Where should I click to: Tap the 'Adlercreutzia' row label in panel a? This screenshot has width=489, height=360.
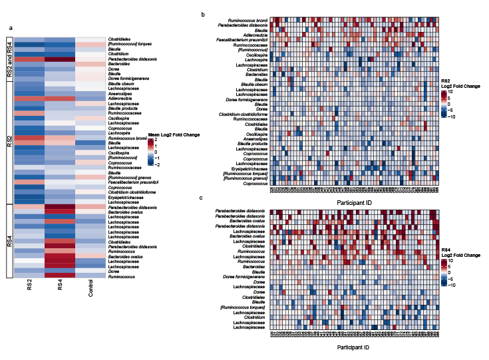coord(123,99)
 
